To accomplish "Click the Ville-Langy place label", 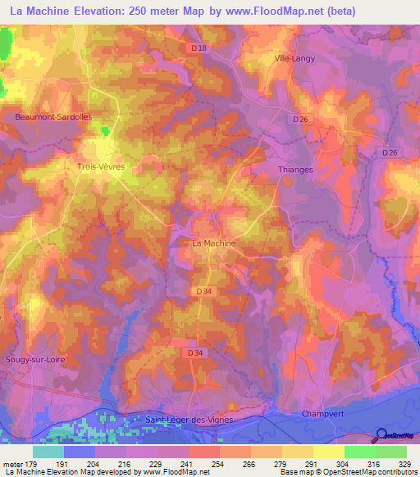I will [x=294, y=58].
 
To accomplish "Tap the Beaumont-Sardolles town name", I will [x=53, y=117].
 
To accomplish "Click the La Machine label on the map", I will [x=213, y=243].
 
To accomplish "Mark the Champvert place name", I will [x=321, y=414].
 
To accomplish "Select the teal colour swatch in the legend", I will [x=48, y=452].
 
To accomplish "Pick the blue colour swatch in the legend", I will [x=80, y=452].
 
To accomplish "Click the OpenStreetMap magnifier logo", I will [x=380, y=436].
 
